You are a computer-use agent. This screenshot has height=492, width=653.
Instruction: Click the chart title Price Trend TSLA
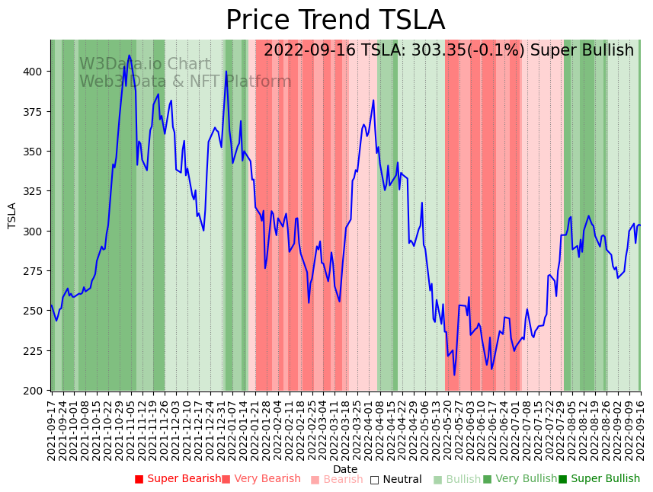tap(335, 21)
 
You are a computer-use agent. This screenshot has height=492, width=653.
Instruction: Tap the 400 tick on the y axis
tap(37, 72)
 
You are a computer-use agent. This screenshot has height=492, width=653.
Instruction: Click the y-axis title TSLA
tap(12, 216)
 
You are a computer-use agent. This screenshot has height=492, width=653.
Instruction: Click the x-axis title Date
tap(345, 470)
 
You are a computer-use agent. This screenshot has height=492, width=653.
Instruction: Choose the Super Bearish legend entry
tap(178, 479)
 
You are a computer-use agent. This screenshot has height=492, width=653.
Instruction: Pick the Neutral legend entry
tap(395, 480)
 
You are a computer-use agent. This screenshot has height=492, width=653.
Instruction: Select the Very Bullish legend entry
tap(520, 479)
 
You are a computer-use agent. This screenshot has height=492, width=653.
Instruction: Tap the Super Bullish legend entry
tap(599, 479)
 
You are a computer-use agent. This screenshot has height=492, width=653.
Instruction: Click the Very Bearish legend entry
tap(261, 479)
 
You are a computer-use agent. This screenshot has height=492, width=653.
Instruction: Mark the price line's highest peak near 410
tap(130, 56)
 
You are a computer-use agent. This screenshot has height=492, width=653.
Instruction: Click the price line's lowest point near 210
tap(454, 375)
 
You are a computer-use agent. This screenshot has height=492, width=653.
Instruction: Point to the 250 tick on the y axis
tap(37, 311)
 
